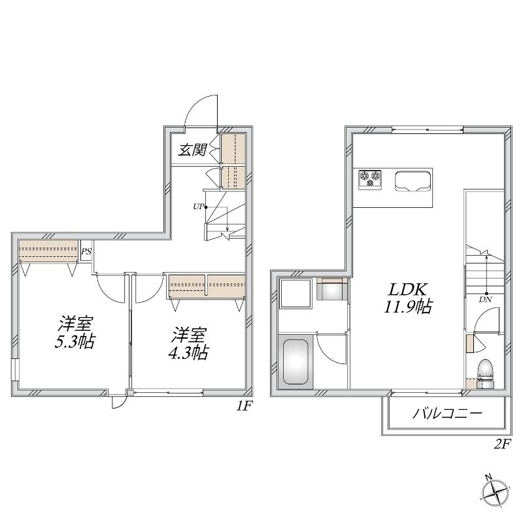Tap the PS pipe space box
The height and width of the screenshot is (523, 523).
click(86, 252)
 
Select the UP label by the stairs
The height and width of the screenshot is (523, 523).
click(198, 207)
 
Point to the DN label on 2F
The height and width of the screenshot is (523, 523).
click(486, 299)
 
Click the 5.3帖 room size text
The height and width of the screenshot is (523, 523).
click(75, 341)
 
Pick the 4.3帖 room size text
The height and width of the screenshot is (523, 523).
click(188, 352)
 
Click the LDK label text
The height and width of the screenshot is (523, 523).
click(407, 290)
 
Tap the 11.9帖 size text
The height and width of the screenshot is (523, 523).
click(407, 307)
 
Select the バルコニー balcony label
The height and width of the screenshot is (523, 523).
click(447, 414)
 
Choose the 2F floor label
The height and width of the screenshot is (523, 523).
click(502, 444)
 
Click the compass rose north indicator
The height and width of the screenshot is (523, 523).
click(496, 492)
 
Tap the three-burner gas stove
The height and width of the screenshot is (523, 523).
click(370, 180)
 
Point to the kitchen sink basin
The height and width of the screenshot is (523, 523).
click(412, 182)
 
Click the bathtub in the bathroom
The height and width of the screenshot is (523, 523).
click(295, 362)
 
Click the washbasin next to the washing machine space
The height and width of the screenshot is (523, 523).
click(332, 290)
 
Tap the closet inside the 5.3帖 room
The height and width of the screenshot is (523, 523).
click(48, 251)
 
